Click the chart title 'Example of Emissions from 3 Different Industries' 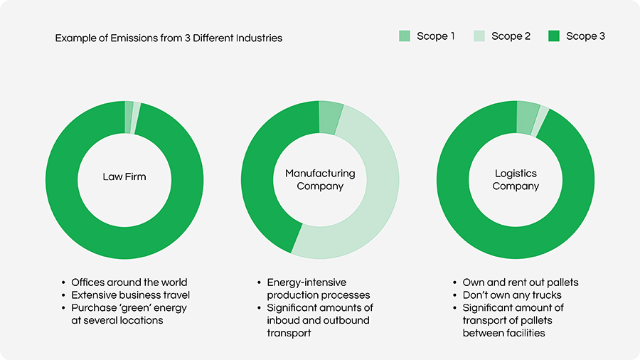(169, 38)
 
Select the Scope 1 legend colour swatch (405, 36)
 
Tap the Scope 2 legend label (511, 36)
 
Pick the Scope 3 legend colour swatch (555, 36)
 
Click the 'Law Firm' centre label (124, 176)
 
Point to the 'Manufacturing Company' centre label (320, 180)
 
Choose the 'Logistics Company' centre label (516, 180)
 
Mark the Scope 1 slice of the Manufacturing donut (330, 116)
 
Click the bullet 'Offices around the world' (129, 282)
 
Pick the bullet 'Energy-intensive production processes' (318, 289)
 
